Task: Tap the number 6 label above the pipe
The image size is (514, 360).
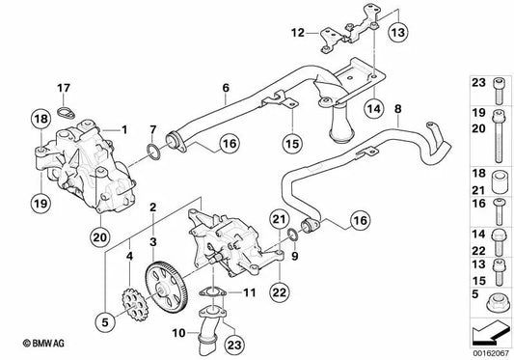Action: click(x=225, y=88)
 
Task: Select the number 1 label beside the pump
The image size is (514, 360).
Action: click(x=123, y=128)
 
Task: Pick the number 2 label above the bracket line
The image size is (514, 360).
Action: click(x=152, y=208)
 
